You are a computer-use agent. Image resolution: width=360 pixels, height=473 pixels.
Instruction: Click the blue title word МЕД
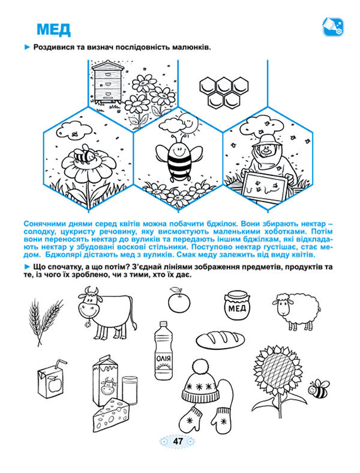[53, 29]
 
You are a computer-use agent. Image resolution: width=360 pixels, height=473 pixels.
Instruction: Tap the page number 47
[178, 441]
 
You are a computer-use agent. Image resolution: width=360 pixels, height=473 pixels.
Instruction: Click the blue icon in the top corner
[333, 27]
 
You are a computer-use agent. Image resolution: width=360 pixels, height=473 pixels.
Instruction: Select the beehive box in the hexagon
[108, 82]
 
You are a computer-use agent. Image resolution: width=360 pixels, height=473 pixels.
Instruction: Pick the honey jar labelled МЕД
[237, 305]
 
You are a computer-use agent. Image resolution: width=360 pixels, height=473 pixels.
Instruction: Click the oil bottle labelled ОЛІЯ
[164, 350]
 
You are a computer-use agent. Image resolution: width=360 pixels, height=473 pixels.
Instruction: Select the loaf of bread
[220, 339]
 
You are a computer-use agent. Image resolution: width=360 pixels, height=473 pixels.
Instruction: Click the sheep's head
[282, 306]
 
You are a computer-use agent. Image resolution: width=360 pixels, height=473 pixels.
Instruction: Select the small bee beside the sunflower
[319, 388]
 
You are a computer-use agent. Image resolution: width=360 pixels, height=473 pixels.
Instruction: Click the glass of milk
[130, 390]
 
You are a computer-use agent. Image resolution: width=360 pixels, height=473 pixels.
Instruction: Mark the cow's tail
[134, 318]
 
